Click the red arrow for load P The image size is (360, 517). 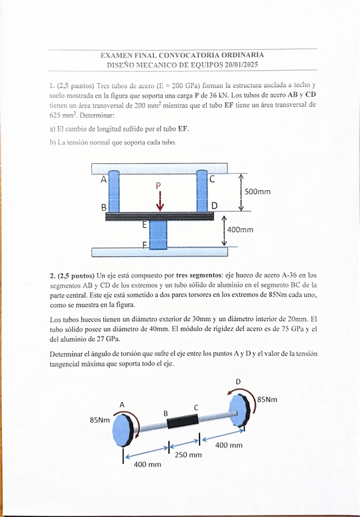(x=160, y=201)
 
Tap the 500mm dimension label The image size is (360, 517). (x=257, y=191)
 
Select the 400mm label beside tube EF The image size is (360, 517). (x=240, y=229)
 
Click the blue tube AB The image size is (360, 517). (x=114, y=191)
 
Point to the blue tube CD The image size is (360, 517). (x=202, y=191)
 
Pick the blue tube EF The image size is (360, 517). (x=158, y=235)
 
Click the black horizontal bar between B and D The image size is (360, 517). (x=160, y=216)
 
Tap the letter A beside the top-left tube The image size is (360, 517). (x=104, y=180)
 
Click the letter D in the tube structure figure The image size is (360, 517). (x=215, y=206)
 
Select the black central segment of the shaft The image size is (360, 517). (x=183, y=421)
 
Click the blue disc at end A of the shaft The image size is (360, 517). (x=123, y=430)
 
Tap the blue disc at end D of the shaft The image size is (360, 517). (x=238, y=411)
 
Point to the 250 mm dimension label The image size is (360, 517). (x=188, y=455)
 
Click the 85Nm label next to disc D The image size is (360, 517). (x=267, y=399)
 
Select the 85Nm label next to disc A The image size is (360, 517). (x=99, y=420)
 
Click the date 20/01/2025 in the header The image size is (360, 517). (x=241, y=65)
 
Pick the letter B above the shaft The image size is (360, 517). (x=165, y=413)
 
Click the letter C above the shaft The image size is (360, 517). (x=196, y=407)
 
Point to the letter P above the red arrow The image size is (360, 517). (x=159, y=185)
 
